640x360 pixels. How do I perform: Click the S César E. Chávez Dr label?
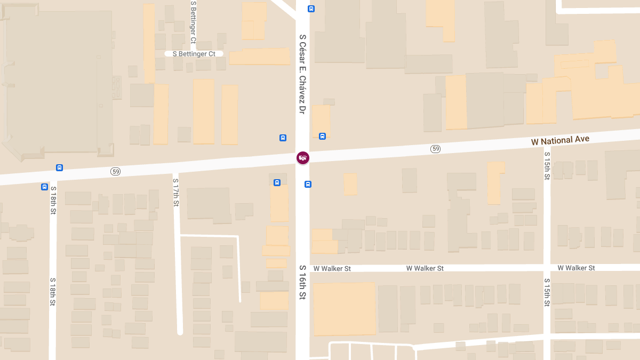pos(302,74)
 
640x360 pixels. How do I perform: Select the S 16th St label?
pos(302,282)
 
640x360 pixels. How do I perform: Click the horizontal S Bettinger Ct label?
pos(194,54)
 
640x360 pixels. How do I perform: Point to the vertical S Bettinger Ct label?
pos(193,21)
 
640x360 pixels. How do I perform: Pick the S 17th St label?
pos(175,193)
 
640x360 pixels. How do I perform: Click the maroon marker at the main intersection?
pos(302,157)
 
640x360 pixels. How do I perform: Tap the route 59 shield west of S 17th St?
pos(115,171)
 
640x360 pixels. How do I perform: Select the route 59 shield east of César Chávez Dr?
pos(436,149)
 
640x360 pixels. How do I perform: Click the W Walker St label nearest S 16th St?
pos(332,269)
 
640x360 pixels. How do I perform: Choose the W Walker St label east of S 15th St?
pos(576,268)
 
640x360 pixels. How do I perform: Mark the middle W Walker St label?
pos(425,268)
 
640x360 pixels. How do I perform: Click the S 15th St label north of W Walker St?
pos(547,165)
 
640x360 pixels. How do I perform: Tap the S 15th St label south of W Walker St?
pos(547,292)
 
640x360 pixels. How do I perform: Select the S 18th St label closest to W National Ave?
pos(53,200)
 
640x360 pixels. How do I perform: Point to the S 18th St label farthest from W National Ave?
pos(53,291)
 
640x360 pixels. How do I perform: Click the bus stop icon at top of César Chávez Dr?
pos(311,9)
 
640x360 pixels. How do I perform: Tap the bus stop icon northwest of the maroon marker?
pos(283,138)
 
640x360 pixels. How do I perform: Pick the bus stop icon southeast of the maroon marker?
pos(308,185)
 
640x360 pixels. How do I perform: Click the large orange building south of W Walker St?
pos(344,308)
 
